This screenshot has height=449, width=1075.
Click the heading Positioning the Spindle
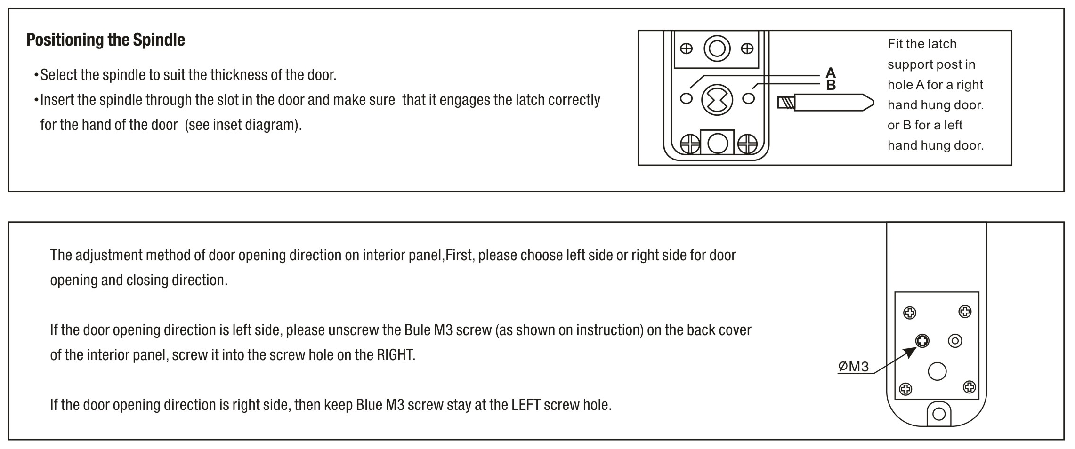105,40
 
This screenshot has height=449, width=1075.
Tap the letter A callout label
831,72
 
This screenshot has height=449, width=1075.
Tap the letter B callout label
831,85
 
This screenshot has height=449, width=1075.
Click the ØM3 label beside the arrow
853,366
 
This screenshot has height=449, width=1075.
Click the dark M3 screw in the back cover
922,340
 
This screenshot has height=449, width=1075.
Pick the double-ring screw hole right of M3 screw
955,341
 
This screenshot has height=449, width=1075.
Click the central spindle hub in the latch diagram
717,99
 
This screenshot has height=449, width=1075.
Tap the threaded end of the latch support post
786,103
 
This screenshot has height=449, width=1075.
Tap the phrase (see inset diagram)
243,125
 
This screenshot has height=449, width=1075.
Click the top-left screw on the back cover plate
910,313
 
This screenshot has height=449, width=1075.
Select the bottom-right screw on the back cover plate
969,387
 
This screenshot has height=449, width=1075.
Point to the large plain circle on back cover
937,371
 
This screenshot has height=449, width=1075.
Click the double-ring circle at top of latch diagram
717,48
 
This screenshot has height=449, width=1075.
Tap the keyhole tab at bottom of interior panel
939,414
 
